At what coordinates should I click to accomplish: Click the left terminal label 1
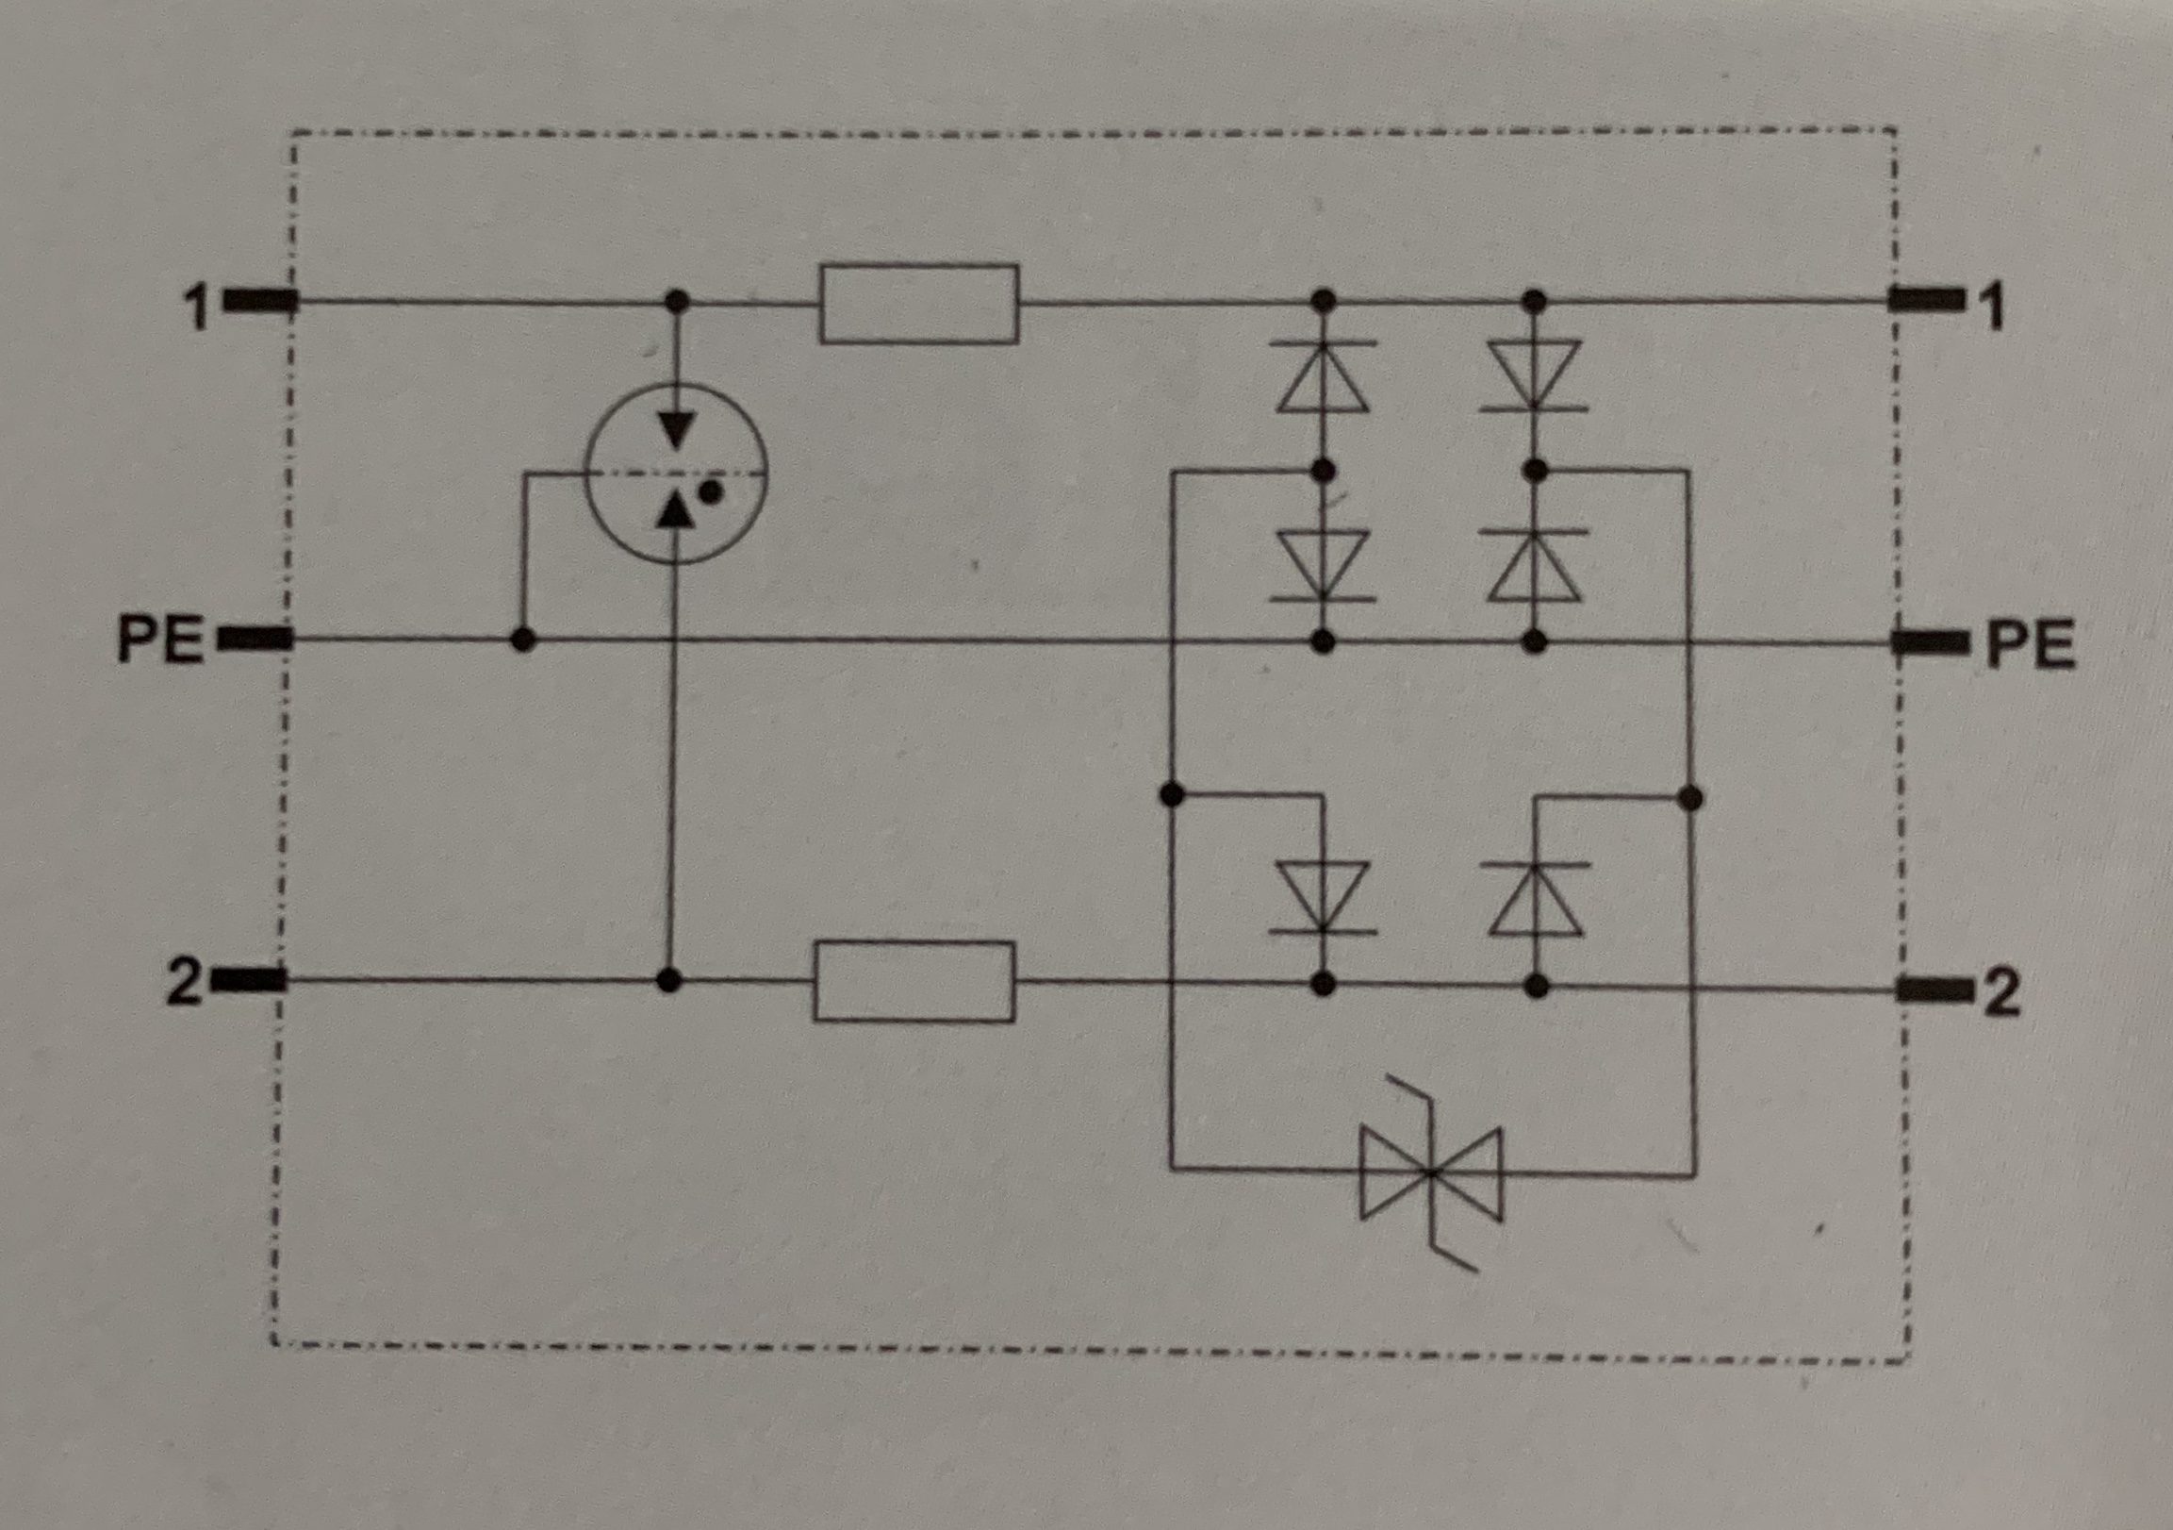(x=196, y=307)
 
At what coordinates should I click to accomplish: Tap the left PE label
(x=160, y=640)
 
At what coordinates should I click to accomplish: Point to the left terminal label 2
(x=184, y=982)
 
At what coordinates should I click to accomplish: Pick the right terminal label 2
(x=2000, y=993)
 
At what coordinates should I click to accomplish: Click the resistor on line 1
(x=919, y=304)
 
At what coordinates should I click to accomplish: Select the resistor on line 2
(x=914, y=982)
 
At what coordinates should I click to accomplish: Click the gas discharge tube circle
(x=676, y=474)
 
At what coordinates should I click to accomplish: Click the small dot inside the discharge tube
(x=713, y=492)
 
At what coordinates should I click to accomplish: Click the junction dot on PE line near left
(x=522, y=640)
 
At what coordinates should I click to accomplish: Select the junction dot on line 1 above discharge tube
(x=676, y=302)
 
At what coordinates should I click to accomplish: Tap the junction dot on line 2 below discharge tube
(x=669, y=980)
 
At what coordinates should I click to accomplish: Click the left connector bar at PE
(x=255, y=640)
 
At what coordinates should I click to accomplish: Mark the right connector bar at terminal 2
(x=1935, y=991)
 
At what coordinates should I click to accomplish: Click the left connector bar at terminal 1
(x=260, y=302)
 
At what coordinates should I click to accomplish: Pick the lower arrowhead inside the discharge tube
(x=674, y=511)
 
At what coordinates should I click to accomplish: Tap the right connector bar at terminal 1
(x=1926, y=300)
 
